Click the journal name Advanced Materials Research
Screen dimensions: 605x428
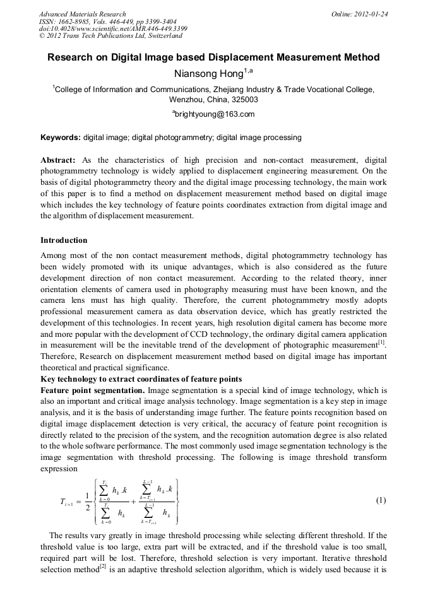(x=82, y=13)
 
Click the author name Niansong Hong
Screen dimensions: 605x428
(x=213, y=74)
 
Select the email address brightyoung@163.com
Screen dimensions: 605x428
(x=214, y=114)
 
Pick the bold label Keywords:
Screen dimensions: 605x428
(x=61, y=137)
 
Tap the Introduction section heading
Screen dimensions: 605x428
(x=64, y=240)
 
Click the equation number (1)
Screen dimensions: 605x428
(x=381, y=501)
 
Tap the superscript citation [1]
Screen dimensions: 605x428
(x=381, y=343)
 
